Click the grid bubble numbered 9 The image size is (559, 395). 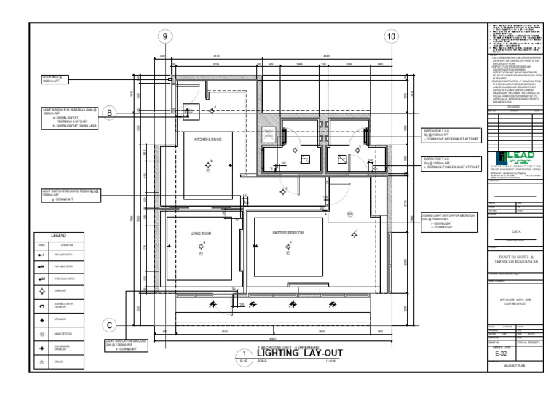(165, 37)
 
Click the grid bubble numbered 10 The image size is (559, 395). (392, 37)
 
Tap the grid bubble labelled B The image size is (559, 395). (109, 113)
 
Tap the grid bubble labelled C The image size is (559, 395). (109, 325)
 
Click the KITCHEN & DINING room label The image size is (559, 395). (207, 140)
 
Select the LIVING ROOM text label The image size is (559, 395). (201, 233)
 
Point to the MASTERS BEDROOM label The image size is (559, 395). (288, 232)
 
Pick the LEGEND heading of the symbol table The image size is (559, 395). (58, 236)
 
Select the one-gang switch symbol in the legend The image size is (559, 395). (41, 255)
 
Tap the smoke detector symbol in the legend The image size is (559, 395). (41, 334)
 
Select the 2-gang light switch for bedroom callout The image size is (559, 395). (448, 222)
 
